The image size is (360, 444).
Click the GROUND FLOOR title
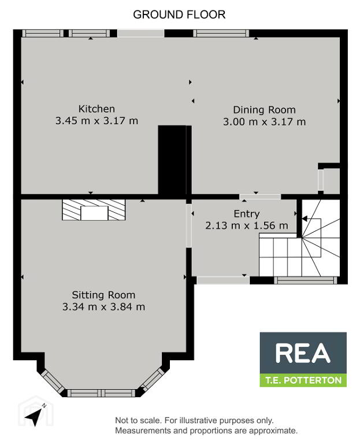[179, 14]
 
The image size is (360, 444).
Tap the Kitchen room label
[97, 109]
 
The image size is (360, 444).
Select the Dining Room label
[264, 110]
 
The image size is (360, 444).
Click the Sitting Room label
[103, 295]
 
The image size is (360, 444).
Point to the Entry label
[247, 214]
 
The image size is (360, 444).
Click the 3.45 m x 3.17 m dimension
[97, 121]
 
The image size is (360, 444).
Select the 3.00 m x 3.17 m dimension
[264, 122]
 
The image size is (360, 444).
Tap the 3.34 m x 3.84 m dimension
[103, 306]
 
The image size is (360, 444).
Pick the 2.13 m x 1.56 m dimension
[247, 225]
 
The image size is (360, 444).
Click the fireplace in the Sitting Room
[94, 209]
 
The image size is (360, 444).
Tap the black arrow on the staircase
[305, 219]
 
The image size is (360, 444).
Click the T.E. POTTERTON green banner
[303, 380]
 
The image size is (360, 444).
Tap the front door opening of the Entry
[223, 280]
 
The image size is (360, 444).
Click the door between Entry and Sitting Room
[189, 225]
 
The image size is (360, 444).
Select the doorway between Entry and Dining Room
[260, 197]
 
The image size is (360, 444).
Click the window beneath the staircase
[306, 280]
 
